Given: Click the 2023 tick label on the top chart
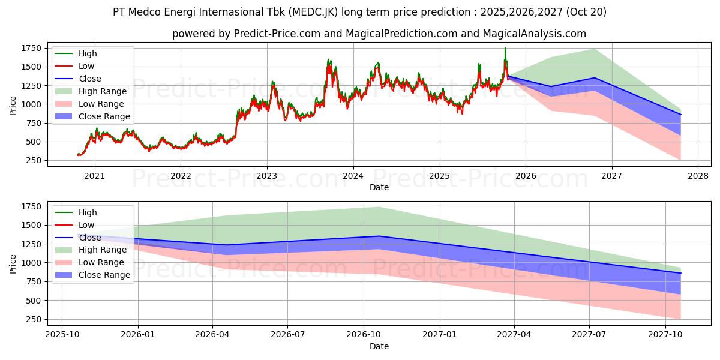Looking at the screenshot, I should [266, 176].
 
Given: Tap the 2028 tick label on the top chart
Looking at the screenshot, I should [698, 176].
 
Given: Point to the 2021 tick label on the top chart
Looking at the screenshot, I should [94, 176].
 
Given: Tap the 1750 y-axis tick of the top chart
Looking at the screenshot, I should [32, 48].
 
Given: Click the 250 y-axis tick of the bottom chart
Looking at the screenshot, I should [34, 319].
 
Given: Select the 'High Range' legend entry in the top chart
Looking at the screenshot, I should [103, 91].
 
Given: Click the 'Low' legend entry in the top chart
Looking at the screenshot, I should [86, 66].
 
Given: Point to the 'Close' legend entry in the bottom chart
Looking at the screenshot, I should [90, 238].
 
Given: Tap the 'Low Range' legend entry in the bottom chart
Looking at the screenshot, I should [102, 262].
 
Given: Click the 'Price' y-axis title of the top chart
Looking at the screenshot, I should [13, 106].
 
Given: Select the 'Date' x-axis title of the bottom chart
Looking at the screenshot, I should [379, 346].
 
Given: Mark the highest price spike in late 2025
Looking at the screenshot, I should [505, 48].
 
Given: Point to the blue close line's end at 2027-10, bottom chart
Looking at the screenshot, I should [681, 273].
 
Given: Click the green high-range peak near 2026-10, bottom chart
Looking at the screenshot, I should [378, 207].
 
